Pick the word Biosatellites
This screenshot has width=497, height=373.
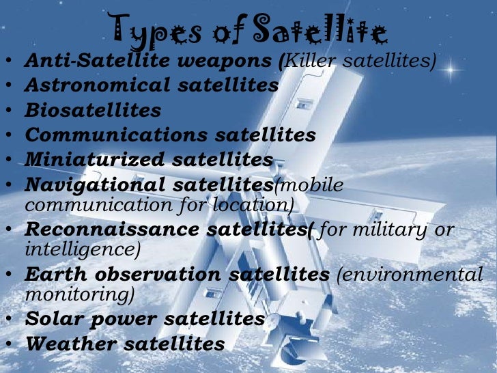[x=93, y=110]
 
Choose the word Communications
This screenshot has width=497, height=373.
[x=117, y=135]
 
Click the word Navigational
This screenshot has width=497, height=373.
[x=95, y=184]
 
